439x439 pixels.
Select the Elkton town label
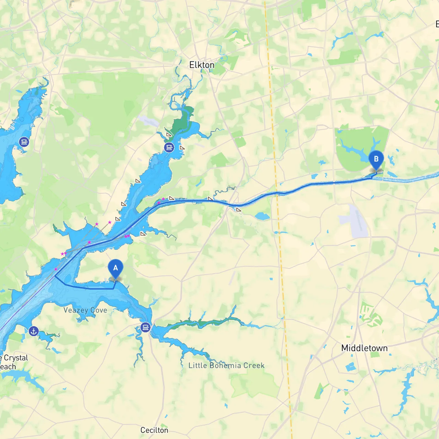coord(202,65)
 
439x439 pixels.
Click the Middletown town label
coord(364,348)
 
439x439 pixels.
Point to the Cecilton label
coord(154,430)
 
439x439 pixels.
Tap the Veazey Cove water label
coord(85,310)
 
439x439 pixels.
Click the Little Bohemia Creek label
coord(226,365)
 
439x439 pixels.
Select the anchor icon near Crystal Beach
coord(33,331)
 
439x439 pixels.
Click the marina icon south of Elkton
coord(169,147)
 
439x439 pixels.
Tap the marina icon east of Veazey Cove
coord(145,327)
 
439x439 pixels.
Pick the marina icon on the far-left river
coord(24,142)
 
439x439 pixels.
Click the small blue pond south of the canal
coord(262,216)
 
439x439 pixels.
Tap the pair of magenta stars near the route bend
coord(127,236)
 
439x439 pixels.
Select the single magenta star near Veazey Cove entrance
coord(56,269)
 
